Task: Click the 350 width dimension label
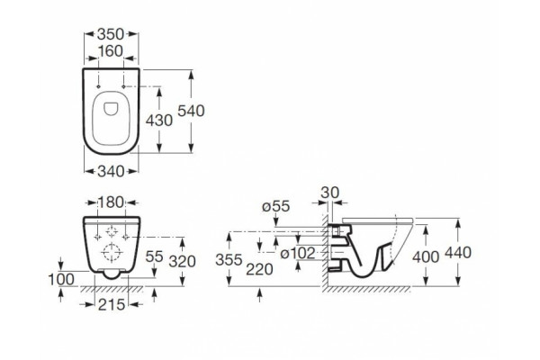click(x=111, y=34)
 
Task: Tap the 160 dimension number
click(x=111, y=51)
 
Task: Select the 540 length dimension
click(x=191, y=111)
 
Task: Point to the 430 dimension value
click(x=159, y=121)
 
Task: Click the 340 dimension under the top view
click(x=111, y=171)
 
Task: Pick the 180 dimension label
click(x=111, y=202)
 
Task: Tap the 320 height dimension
click(x=183, y=262)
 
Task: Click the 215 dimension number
click(x=112, y=304)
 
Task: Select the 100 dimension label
click(x=61, y=280)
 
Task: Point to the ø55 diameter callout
click(x=276, y=206)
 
